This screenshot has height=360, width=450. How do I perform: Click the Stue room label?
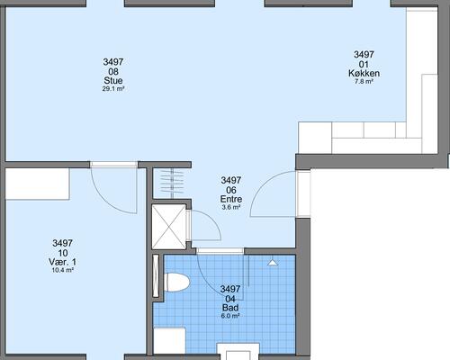coord(113,80)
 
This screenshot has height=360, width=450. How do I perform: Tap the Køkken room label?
coord(364,73)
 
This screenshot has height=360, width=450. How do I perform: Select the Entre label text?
coord(231,199)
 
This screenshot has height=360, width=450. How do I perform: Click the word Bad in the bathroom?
coord(230,308)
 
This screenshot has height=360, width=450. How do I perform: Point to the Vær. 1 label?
coord(62,262)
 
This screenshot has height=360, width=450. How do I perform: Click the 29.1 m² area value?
coord(113,89)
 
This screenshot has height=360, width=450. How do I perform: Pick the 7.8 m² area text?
coord(364,81)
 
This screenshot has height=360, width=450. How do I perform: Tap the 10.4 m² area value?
coord(63,270)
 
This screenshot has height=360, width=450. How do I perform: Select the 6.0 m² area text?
coord(230,316)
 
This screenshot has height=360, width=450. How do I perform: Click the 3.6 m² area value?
coord(231,207)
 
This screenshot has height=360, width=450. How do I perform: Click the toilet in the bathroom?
coord(176,282)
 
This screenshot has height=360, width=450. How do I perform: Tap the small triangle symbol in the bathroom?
coord(273,263)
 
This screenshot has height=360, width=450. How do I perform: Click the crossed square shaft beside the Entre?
coord(169,227)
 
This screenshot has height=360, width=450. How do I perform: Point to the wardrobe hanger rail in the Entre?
coord(172,184)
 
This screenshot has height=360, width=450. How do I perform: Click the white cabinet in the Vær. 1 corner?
coord(38,184)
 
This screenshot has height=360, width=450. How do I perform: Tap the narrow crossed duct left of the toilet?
coord(156,276)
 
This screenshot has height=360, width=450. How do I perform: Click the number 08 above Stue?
coord(113,71)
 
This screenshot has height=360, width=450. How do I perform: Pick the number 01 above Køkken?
coord(364,64)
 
